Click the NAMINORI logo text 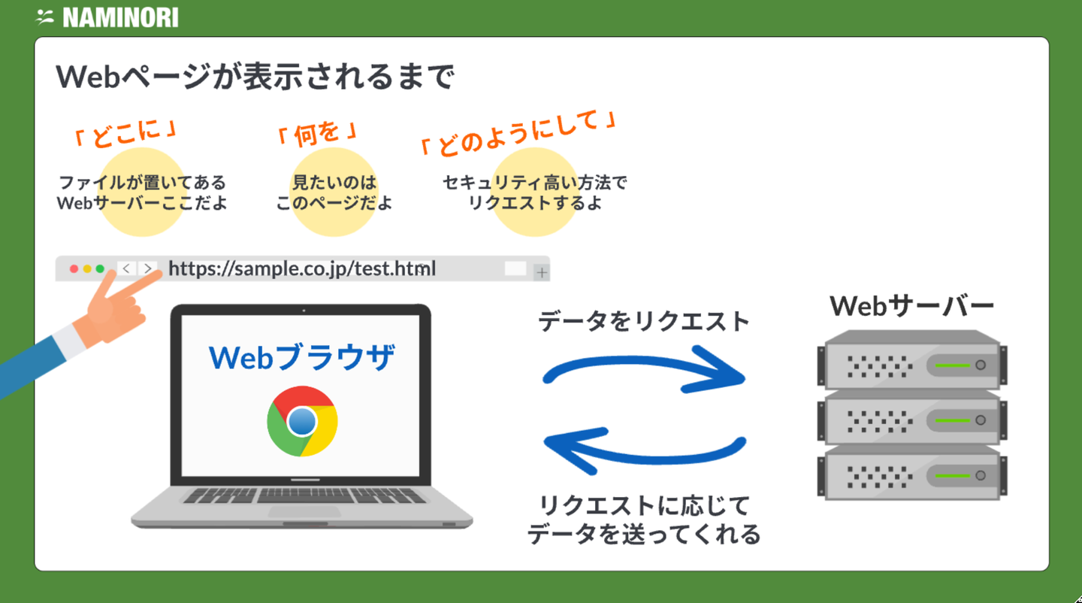click(120, 17)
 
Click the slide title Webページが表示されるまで click(255, 77)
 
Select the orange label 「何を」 click(316, 134)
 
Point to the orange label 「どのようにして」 click(518, 132)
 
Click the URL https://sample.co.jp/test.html click(302, 268)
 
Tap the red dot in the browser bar click(74, 269)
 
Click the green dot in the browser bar click(100, 269)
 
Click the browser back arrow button click(126, 268)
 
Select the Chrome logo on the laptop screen click(302, 421)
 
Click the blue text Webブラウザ click(302, 359)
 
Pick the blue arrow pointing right click(643, 371)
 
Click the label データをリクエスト click(644, 322)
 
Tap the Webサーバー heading click(912, 306)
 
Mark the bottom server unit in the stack click(912, 474)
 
